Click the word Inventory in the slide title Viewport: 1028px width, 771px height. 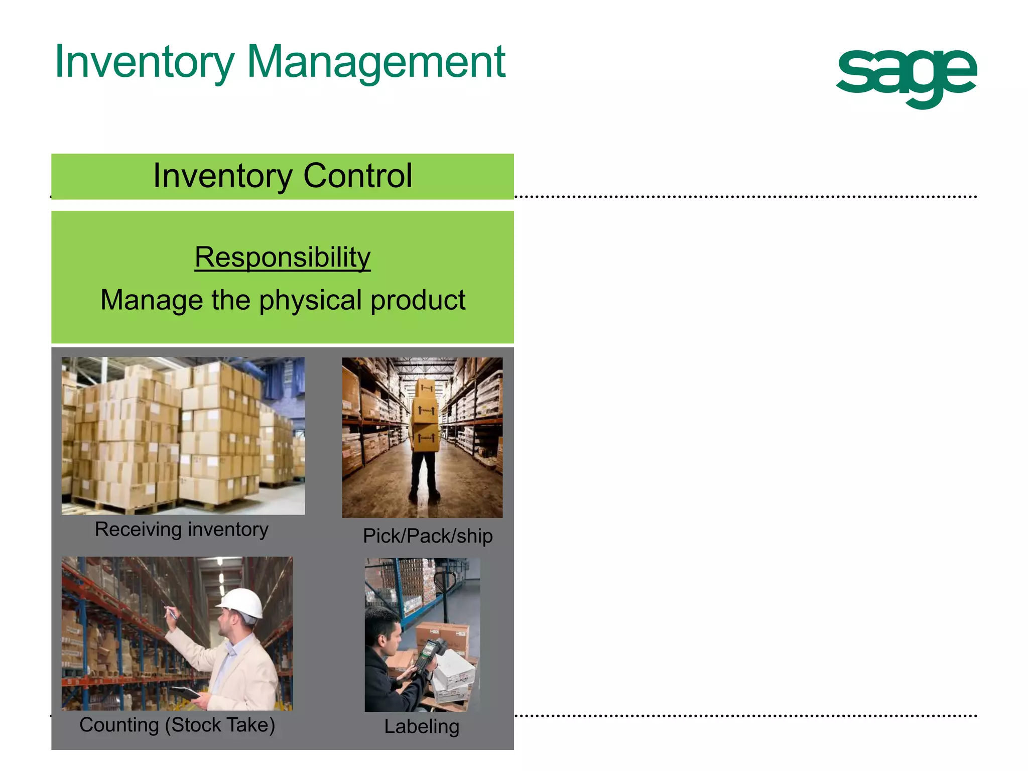tap(145, 62)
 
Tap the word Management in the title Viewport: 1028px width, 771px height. tap(376, 62)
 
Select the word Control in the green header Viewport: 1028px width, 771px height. tap(357, 176)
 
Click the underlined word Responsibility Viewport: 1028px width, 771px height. tap(283, 258)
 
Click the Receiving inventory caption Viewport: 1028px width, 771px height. tap(182, 530)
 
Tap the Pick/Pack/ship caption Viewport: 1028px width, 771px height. tap(428, 536)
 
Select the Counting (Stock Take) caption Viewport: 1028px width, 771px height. tap(177, 725)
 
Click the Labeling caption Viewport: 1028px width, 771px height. tap(422, 726)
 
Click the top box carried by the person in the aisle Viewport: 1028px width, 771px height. tap(425, 388)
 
